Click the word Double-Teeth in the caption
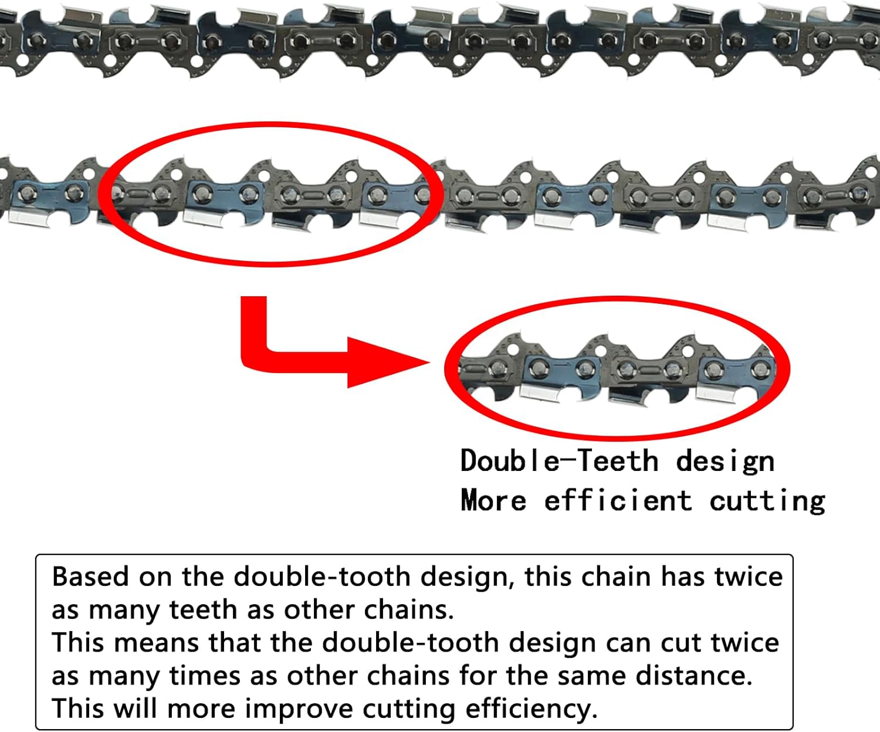pos(559,460)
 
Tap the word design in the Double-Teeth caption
pos(725,462)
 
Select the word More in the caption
pos(493,501)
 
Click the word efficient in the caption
pos(617,500)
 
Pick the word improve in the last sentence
pos(299,710)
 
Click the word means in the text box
pos(157,643)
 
